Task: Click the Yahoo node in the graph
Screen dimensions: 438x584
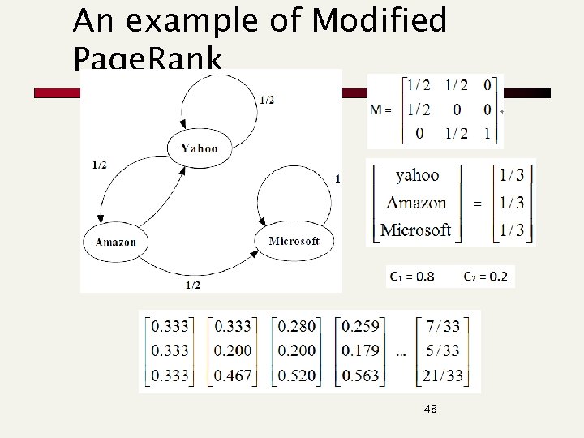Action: pyautogui.click(x=199, y=148)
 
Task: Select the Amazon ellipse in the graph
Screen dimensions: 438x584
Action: pyautogui.click(x=115, y=242)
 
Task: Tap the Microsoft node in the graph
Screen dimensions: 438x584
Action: pyautogui.click(x=293, y=241)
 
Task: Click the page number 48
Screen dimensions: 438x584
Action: pyautogui.click(x=430, y=410)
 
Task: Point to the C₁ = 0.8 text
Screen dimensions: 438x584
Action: pyautogui.click(x=411, y=277)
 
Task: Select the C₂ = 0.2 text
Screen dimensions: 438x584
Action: pyautogui.click(x=486, y=277)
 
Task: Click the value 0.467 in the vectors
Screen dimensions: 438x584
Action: pyautogui.click(x=232, y=376)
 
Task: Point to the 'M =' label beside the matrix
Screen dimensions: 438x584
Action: pyautogui.click(x=381, y=109)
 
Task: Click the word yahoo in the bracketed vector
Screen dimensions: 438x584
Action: pyautogui.click(x=417, y=175)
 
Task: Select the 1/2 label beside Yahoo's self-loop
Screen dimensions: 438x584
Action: pyautogui.click(x=266, y=100)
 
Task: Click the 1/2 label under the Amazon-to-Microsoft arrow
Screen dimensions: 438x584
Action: pyautogui.click(x=193, y=285)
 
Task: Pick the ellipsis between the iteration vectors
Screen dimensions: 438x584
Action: pyautogui.click(x=401, y=354)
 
